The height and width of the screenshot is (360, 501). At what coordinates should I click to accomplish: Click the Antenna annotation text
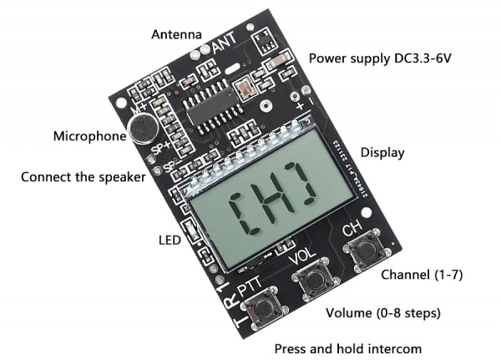point(176,34)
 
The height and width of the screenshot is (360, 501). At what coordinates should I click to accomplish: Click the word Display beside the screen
point(382,153)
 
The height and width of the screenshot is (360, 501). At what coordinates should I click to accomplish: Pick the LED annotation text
point(170,241)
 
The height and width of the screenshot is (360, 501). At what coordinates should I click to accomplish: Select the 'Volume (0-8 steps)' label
point(383,313)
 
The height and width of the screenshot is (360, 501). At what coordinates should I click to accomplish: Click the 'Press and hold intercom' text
point(349,347)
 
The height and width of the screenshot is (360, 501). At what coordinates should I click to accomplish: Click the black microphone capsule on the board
point(143,128)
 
